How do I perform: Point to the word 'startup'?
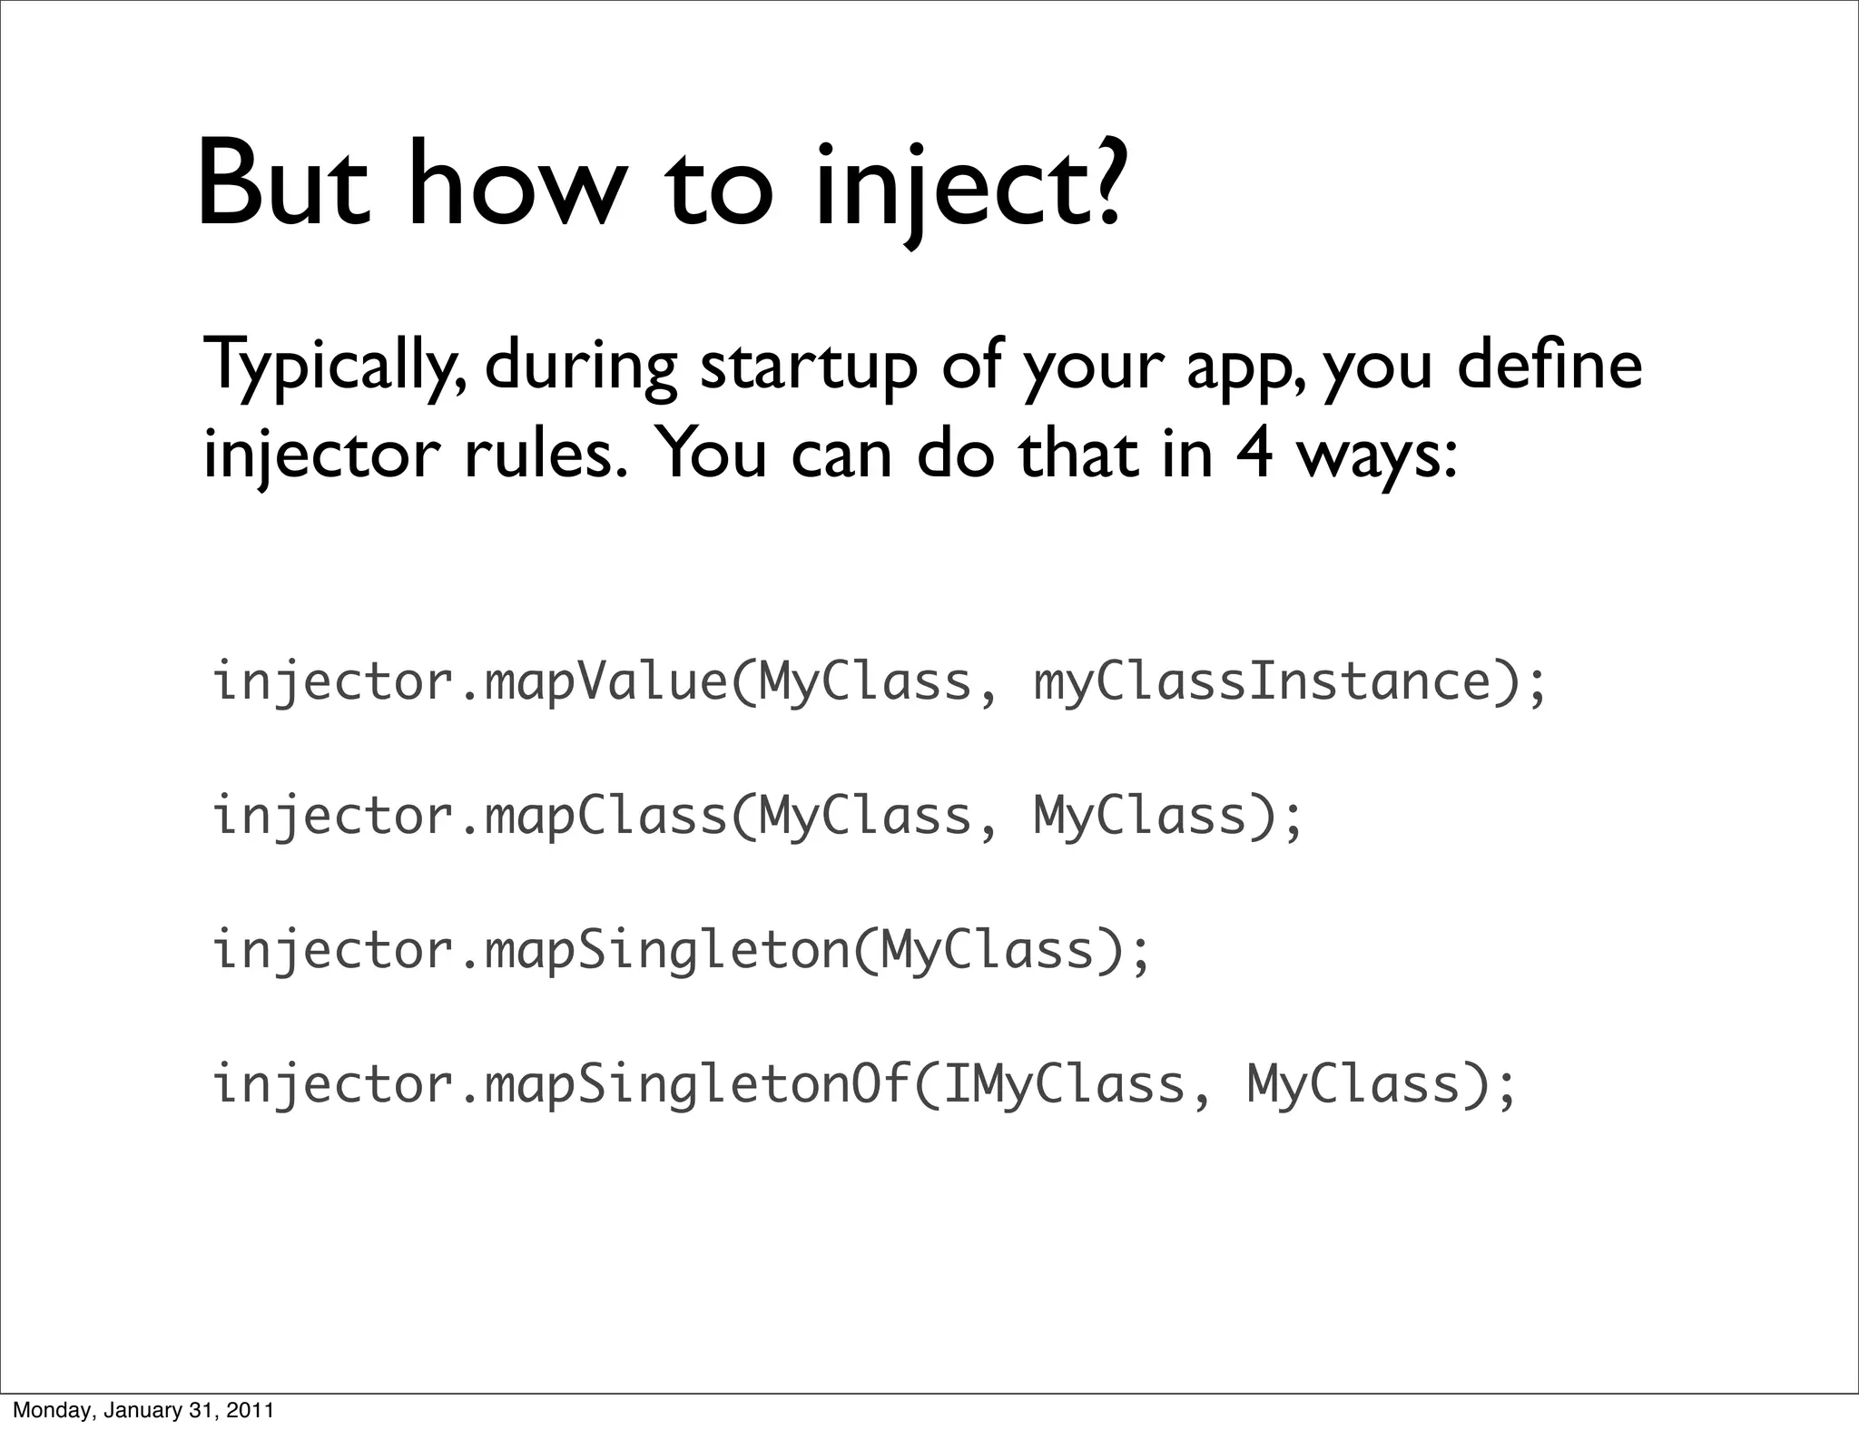coord(809,367)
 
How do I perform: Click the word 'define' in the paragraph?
coord(1549,363)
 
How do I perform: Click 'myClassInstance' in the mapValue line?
coord(1263,682)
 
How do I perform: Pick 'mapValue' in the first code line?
coord(606,682)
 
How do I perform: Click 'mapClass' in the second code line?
coord(606,816)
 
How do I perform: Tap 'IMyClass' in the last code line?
coord(1064,1084)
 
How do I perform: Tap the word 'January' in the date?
coord(139,1410)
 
